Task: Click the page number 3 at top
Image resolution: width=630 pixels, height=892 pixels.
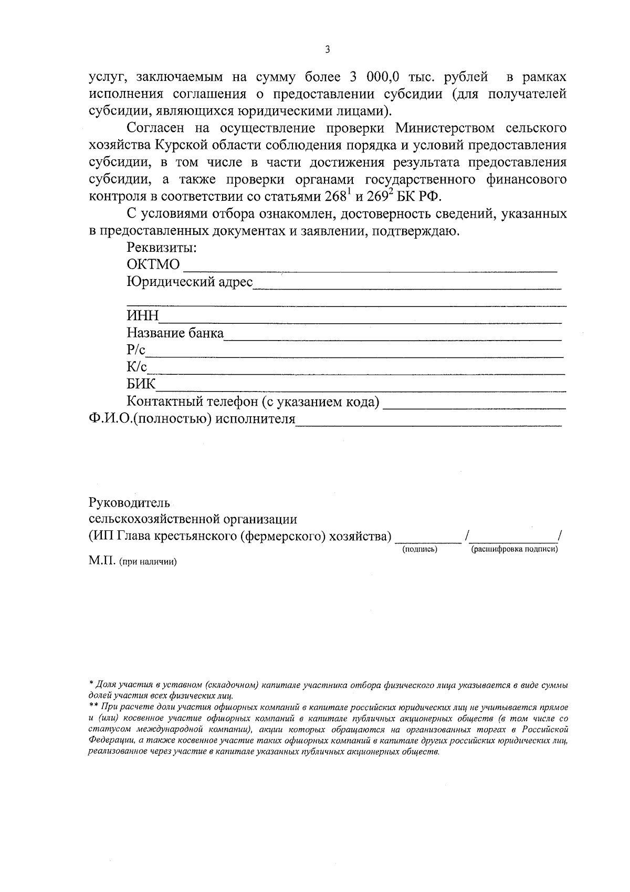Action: (x=328, y=50)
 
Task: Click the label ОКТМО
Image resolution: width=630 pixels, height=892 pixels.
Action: (x=153, y=264)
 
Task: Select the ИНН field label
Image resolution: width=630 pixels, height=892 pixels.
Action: (x=142, y=316)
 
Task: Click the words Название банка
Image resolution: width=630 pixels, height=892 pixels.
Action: (x=175, y=333)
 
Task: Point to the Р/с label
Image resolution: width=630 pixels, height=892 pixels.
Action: (x=135, y=351)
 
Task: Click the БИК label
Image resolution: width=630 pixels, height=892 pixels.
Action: (x=141, y=384)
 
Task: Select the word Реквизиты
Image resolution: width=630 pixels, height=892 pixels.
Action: (x=162, y=248)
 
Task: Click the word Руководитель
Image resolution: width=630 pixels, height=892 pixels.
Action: (x=129, y=502)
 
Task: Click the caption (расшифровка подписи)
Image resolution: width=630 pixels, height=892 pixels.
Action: (x=514, y=549)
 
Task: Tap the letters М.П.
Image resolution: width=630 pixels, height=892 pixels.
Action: (x=102, y=561)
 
